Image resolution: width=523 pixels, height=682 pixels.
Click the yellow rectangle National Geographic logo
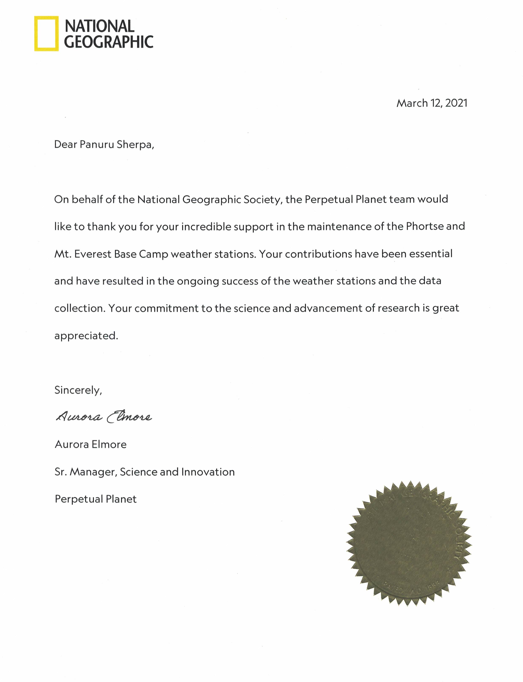46,33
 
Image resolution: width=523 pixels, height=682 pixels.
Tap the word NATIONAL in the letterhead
99,26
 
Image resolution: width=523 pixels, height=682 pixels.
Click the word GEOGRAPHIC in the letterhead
109,42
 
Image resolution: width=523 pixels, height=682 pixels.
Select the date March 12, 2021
432,103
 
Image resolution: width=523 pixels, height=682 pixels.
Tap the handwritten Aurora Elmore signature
104,417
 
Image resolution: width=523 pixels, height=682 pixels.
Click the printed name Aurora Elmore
91,444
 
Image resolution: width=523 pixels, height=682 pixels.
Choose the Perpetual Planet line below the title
96,499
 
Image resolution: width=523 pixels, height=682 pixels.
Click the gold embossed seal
409,544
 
